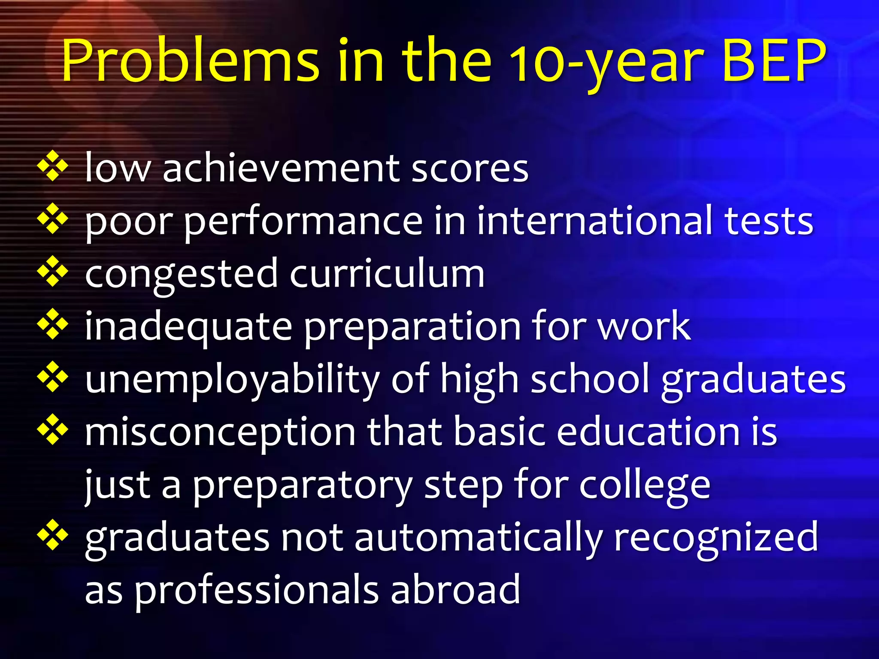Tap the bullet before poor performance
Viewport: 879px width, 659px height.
(x=53, y=219)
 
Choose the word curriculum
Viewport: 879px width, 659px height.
(x=387, y=273)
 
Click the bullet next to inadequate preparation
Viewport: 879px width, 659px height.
(x=53, y=325)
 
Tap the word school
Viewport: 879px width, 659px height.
(x=590, y=379)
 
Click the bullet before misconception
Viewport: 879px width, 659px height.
(x=53, y=429)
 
